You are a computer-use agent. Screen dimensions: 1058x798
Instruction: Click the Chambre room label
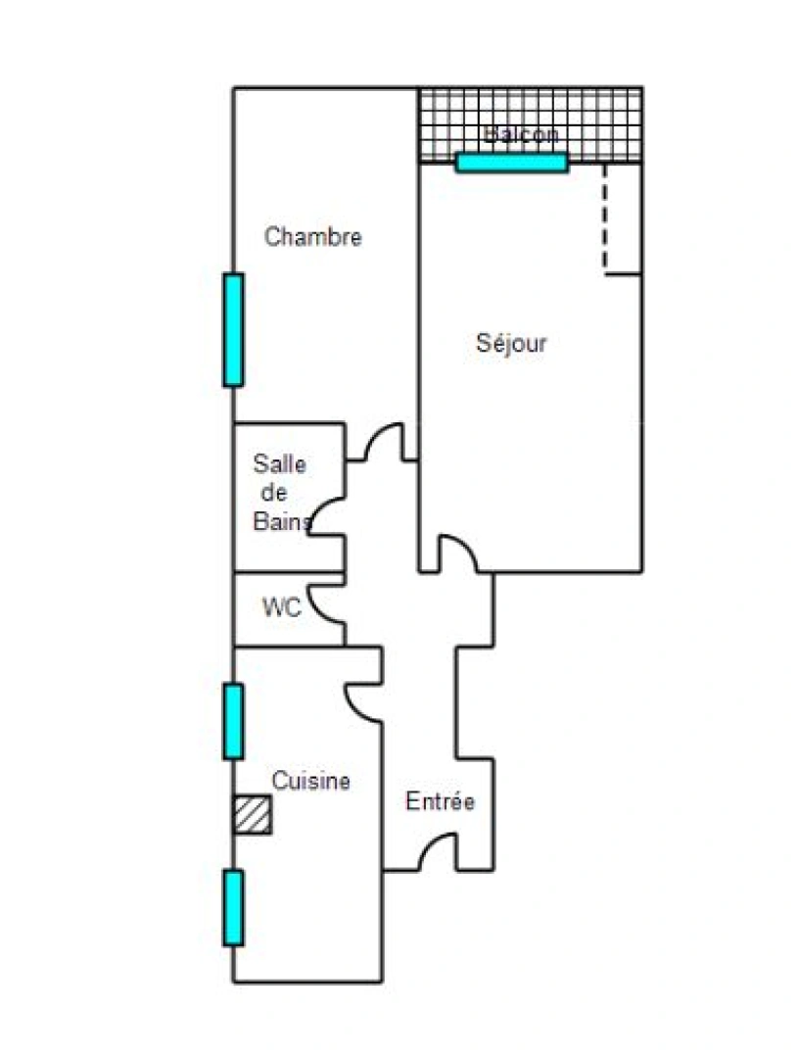[313, 237]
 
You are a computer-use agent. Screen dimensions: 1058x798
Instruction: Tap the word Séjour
[511, 344]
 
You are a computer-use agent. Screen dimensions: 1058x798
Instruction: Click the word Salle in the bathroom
[279, 463]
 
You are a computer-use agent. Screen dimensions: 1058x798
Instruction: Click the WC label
[281, 607]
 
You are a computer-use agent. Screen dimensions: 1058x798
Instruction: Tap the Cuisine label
[310, 782]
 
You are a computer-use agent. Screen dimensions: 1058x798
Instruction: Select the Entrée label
[441, 801]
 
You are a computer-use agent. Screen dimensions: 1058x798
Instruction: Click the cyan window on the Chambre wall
[233, 329]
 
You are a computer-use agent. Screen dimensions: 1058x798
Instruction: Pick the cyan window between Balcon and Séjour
[512, 163]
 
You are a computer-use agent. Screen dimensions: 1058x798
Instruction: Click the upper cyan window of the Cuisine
[233, 721]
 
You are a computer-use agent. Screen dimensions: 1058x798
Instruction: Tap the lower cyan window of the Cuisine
[233, 907]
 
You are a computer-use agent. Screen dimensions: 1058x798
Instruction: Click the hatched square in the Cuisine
[253, 815]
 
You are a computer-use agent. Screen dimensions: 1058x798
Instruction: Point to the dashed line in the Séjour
[604, 217]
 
